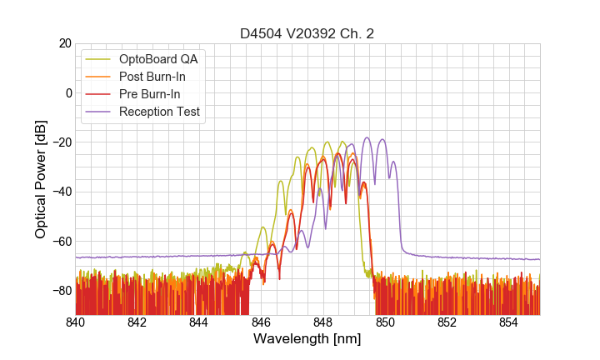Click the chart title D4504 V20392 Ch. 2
307,34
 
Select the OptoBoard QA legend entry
158,59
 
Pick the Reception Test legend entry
159,112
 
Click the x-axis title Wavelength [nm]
307,340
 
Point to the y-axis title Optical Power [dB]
41,179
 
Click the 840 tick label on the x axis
76,322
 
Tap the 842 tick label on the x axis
137,322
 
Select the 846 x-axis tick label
261,322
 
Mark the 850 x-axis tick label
385,322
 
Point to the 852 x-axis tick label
447,322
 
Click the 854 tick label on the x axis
508,322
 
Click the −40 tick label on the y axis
61,192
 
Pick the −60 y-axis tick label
61,241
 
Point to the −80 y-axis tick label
61,291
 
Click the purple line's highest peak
367,137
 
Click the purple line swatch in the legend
99,112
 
